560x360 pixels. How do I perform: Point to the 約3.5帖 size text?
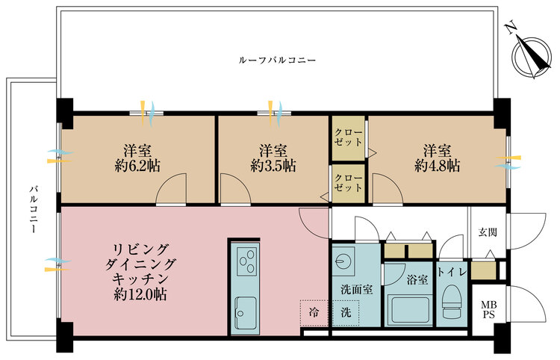click(x=273, y=165)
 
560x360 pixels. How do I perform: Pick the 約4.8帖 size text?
click(x=438, y=165)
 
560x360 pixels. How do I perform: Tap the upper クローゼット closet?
click(x=349, y=137)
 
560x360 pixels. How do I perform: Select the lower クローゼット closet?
click(x=349, y=183)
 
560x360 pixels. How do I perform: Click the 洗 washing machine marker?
click(x=346, y=311)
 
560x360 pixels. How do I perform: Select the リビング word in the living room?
click(x=141, y=249)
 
